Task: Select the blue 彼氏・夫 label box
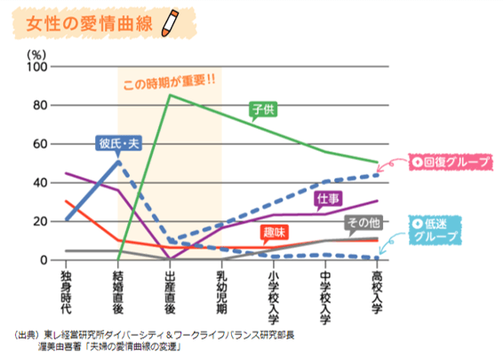tap(120, 143)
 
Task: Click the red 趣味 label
tap(274, 233)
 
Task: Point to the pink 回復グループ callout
tap(444, 163)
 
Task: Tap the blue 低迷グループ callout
tap(439, 230)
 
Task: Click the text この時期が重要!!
tap(169, 86)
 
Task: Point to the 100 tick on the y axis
tap(37, 68)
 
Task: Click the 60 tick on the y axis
tap(41, 144)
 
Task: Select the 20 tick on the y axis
tap(41, 221)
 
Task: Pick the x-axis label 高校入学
tap(378, 294)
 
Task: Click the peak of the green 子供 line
tap(170, 95)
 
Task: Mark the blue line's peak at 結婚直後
tap(118, 163)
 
